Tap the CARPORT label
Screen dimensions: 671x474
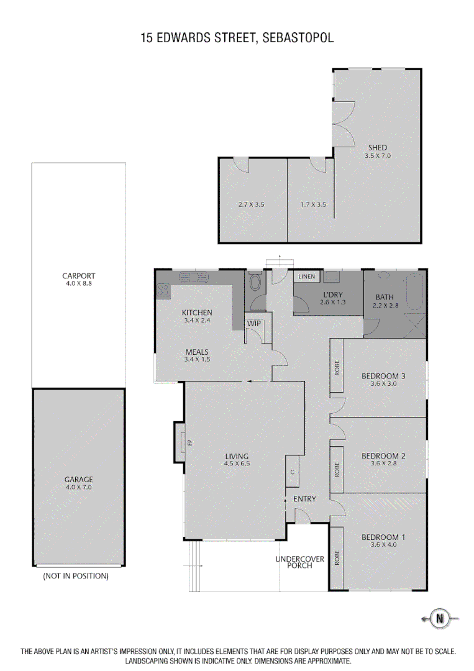pos(78,276)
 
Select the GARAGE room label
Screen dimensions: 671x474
pos(78,479)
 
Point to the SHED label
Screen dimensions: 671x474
pos(378,148)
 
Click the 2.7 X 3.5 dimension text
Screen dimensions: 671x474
pos(251,204)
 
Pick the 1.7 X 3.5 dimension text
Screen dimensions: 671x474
pos(313,204)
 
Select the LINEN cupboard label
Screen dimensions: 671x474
pos(307,276)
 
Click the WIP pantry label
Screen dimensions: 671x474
pos(254,324)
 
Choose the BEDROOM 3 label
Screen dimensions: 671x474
pos(383,375)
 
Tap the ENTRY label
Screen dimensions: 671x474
pos(304,499)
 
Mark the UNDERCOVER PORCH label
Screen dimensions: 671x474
pos(299,563)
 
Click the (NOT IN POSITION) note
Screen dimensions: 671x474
pos(76,576)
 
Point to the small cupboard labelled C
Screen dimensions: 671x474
pos(292,472)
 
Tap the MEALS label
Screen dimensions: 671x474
pos(197,352)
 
